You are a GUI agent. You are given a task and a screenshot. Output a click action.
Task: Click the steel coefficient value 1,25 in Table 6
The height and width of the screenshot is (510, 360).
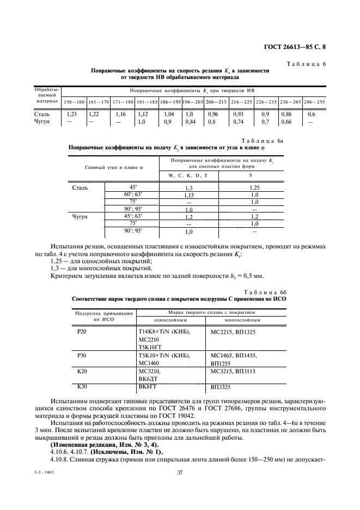click(x=71, y=115)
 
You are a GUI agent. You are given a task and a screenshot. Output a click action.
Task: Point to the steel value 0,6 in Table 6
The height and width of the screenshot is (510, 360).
click(x=312, y=115)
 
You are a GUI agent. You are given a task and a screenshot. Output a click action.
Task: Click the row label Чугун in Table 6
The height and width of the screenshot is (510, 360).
click(x=43, y=123)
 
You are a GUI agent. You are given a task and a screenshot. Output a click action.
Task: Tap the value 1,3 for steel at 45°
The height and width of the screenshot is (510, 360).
click(x=189, y=187)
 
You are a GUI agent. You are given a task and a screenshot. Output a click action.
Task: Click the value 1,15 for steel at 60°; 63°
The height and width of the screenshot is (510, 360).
click(x=189, y=195)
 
